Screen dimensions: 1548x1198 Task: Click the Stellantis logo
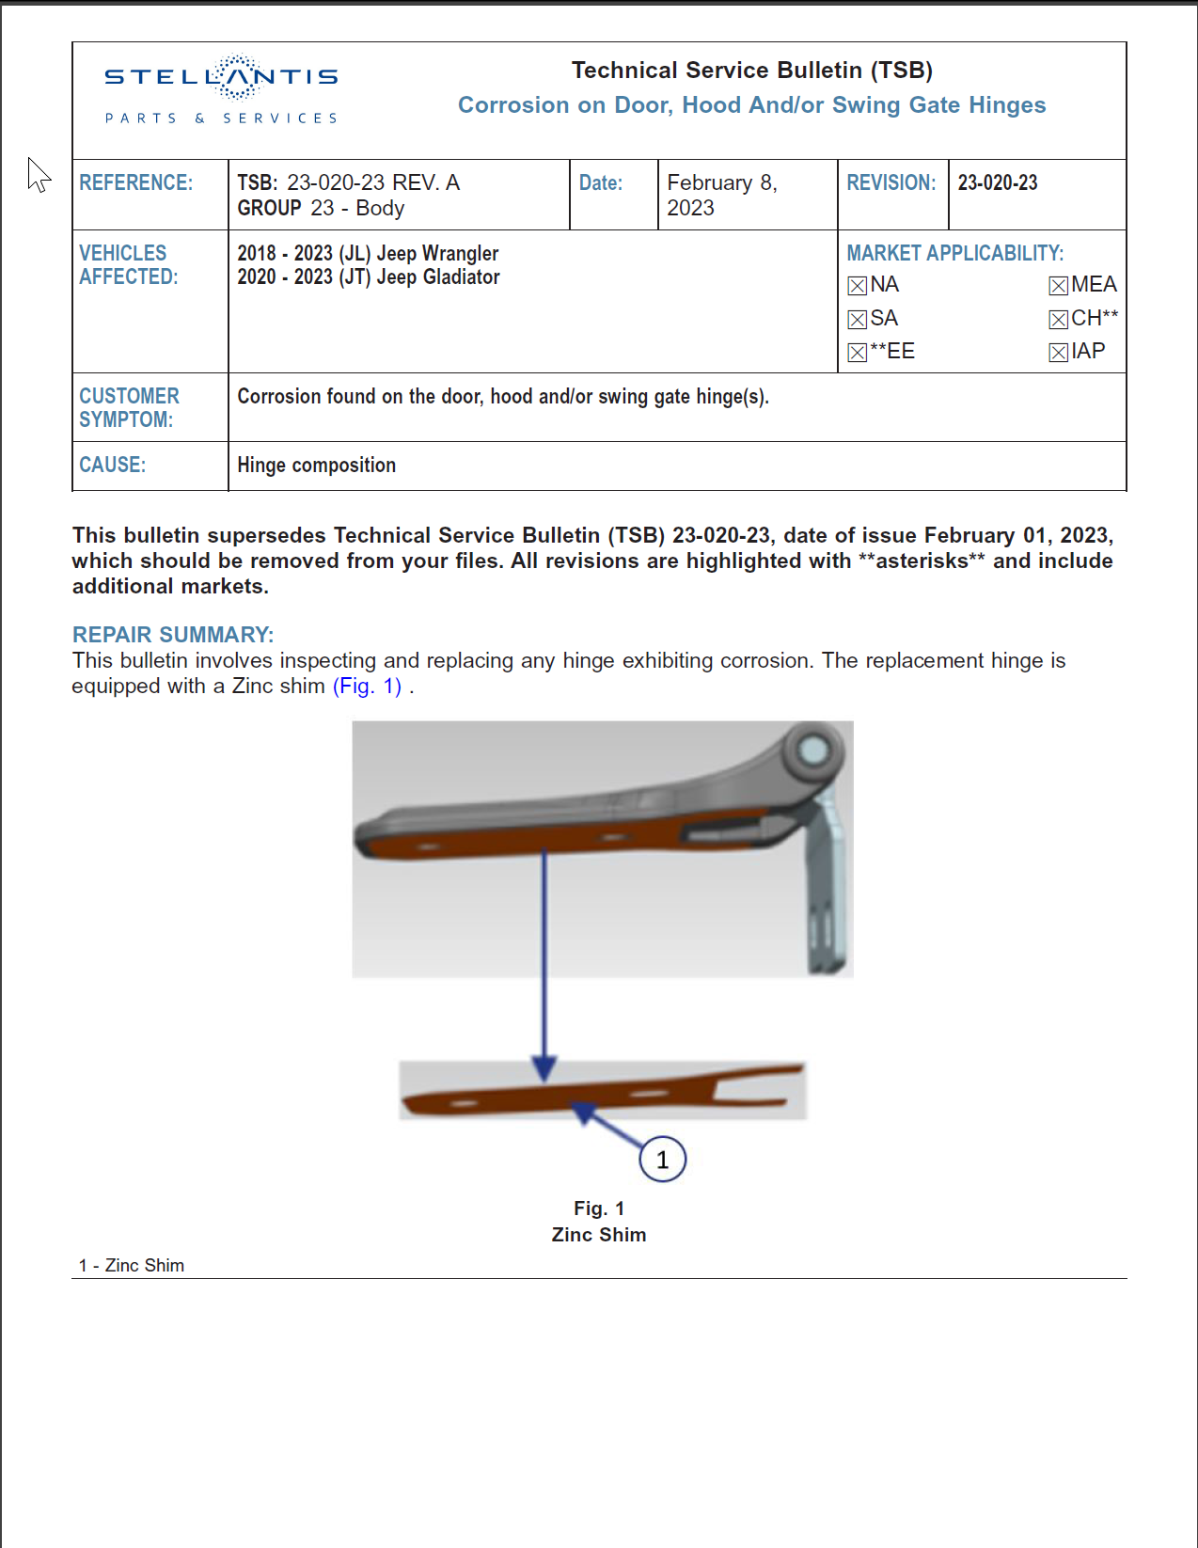coord(221,89)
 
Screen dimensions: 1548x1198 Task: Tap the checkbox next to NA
coord(857,286)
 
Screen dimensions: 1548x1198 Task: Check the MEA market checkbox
coord(1058,286)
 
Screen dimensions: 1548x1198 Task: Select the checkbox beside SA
coord(857,320)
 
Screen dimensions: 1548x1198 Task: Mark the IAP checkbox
coord(1058,353)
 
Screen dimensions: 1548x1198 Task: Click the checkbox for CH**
coord(1058,320)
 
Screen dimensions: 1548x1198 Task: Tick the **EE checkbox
coord(857,353)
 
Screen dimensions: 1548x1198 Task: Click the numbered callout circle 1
coord(662,1160)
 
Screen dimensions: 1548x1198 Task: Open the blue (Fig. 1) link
coord(367,687)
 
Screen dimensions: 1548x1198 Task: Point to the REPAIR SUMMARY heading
coord(173,635)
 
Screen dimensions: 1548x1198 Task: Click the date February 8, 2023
coord(721,195)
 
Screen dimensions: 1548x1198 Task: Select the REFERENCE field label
coord(135,182)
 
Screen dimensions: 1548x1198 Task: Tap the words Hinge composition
coord(316,465)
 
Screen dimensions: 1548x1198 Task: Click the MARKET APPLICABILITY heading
coord(954,253)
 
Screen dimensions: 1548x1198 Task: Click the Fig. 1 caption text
coord(599,1208)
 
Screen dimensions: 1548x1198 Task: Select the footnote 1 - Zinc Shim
coord(132,1266)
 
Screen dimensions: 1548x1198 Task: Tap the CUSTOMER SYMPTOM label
coord(129,407)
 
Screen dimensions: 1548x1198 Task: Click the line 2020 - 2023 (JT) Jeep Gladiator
coord(368,277)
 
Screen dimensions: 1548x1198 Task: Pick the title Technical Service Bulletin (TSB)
coord(751,71)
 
